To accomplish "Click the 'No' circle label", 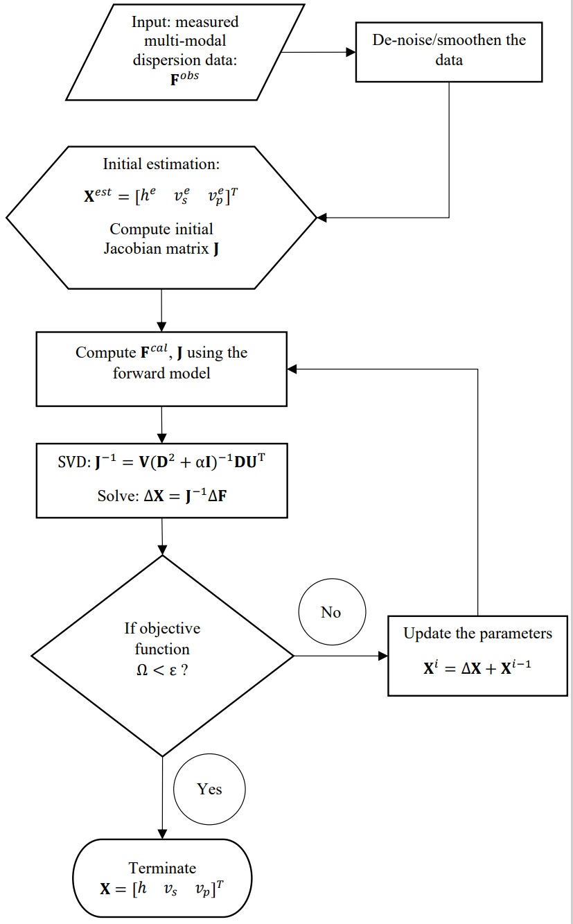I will coord(331,613).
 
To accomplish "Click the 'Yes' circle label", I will coord(209,789).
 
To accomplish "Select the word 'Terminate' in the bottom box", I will coord(162,868).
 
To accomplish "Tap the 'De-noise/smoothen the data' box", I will coord(449,49).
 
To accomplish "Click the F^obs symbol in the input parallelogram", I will coord(185,79).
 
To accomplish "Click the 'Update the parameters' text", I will coord(478,634).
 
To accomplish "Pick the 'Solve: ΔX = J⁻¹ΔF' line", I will coord(161,497).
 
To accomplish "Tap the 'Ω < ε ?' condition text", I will coord(161,670).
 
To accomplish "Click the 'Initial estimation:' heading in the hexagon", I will coord(161,164).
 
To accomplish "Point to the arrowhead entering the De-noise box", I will coord(351,51).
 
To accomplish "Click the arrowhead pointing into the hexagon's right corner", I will coord(321,218).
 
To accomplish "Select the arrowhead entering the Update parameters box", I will coord(382,656).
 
